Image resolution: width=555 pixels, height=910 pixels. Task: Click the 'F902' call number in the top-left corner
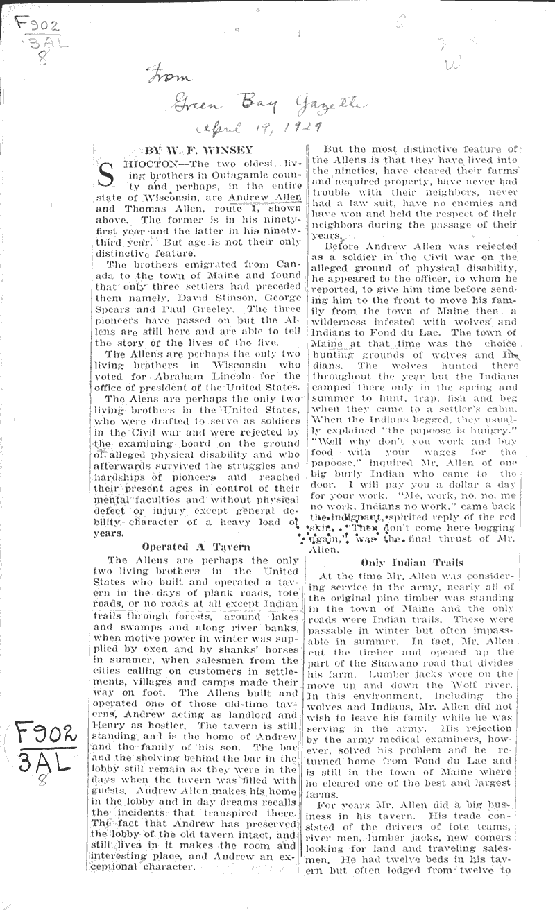[35, 26]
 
